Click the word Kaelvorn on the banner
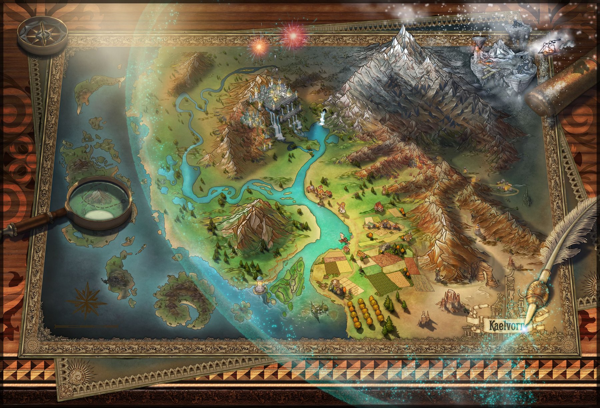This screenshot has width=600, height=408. point(503,325)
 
